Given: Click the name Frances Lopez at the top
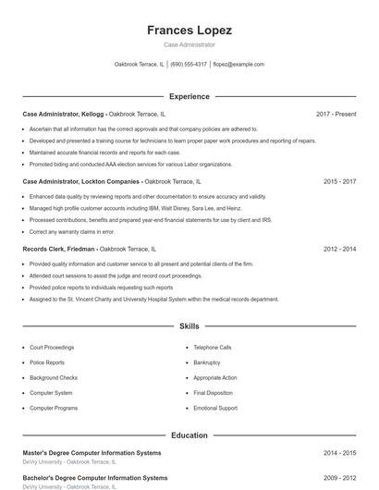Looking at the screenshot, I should coord(189,31).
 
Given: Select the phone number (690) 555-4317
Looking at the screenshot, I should coord(189,65).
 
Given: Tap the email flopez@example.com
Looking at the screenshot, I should coord(238,65).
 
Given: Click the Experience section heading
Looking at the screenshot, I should coord(189,96).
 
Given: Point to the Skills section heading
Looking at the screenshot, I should coord(189,326).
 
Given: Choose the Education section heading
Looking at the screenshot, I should coord(189,435).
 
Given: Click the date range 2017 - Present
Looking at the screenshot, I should coord(336,114).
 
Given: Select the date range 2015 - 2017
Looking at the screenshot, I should coord(339,181).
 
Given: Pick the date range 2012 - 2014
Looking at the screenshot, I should coord(339,249).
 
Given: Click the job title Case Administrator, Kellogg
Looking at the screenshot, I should coord(63,114).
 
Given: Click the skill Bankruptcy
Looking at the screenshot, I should coord(206,362).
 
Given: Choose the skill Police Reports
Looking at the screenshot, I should coord(47,362).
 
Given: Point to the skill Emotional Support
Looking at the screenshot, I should coord(214,408).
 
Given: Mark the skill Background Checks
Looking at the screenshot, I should coord(53,377).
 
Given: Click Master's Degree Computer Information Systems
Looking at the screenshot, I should coord(92,453).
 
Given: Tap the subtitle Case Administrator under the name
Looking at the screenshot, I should coord(189,44).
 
